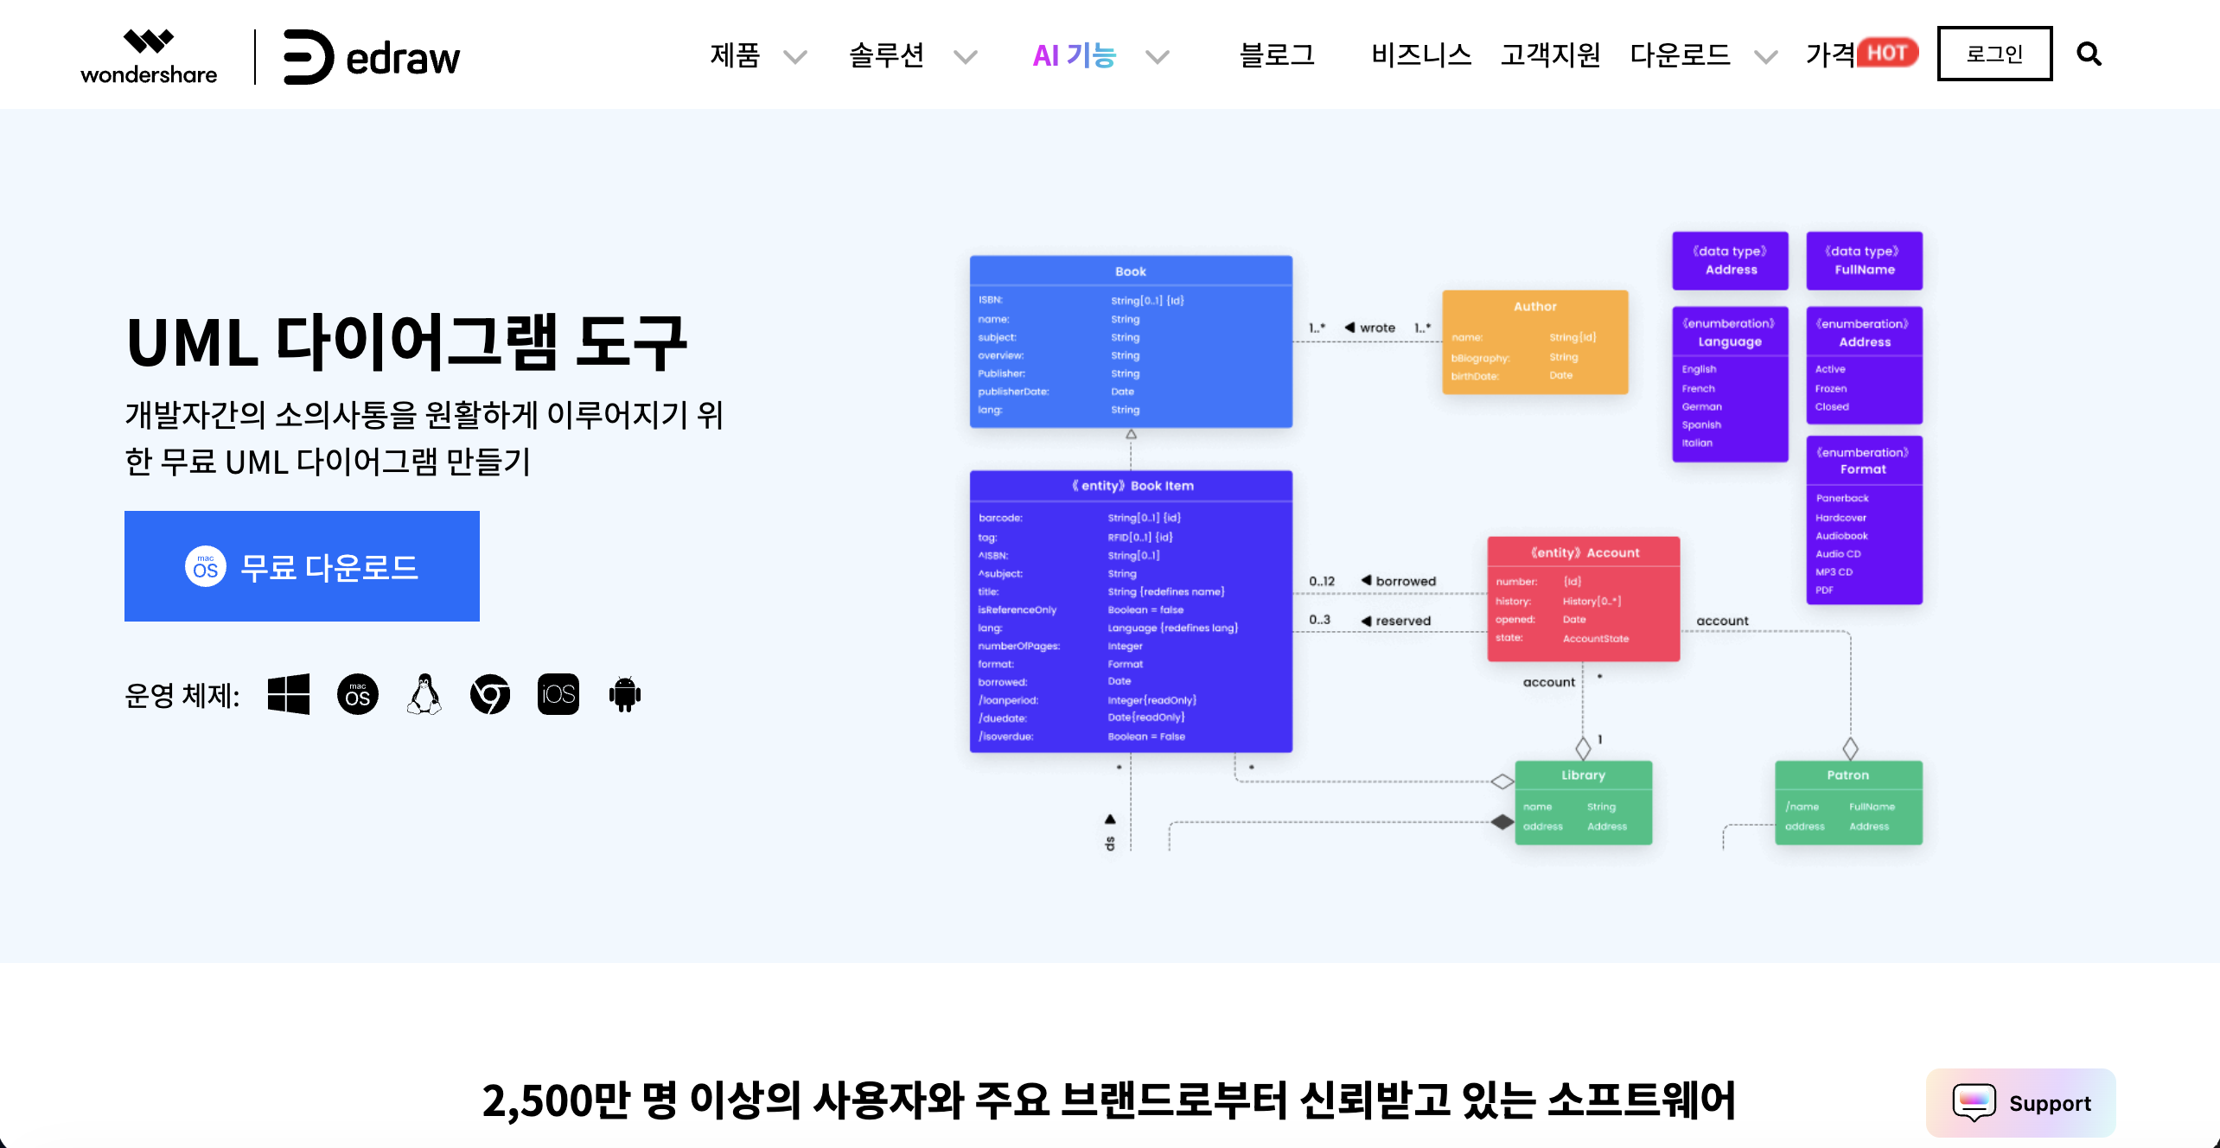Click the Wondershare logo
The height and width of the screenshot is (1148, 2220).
[x=149, y=57]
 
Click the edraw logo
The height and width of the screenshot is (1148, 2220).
[x=372, y=57]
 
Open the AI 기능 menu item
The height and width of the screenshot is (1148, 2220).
[x=1074, y=55]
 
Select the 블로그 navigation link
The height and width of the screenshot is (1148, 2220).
[x=1277, y=55]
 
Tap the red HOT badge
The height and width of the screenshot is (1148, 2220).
[x=1887, y=53]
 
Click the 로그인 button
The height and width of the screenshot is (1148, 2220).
[x=1994, y=54]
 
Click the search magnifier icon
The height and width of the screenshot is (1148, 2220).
[x=2089, y=54]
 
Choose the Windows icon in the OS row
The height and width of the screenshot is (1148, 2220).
[x=289, y=694]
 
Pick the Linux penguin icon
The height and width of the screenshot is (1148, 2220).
[x=424, y=694]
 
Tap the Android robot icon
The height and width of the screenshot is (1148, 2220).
[x=624, y=694]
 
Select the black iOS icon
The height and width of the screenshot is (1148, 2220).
[x=558, y=694]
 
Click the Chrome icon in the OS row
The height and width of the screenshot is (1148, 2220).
[x=490, y=694]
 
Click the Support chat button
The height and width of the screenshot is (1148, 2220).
[x=2021, y=1103]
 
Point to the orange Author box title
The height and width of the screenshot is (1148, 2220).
[x=1534, y=307]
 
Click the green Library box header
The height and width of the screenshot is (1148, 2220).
[x=1583, y=775]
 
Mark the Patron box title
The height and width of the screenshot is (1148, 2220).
[x=1847, y=775]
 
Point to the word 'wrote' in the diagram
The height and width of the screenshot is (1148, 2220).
[x=1377, y=328]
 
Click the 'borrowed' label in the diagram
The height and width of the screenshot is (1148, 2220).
[x=1406, y=581]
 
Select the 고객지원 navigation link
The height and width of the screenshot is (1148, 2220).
[x=1550, y=55]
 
